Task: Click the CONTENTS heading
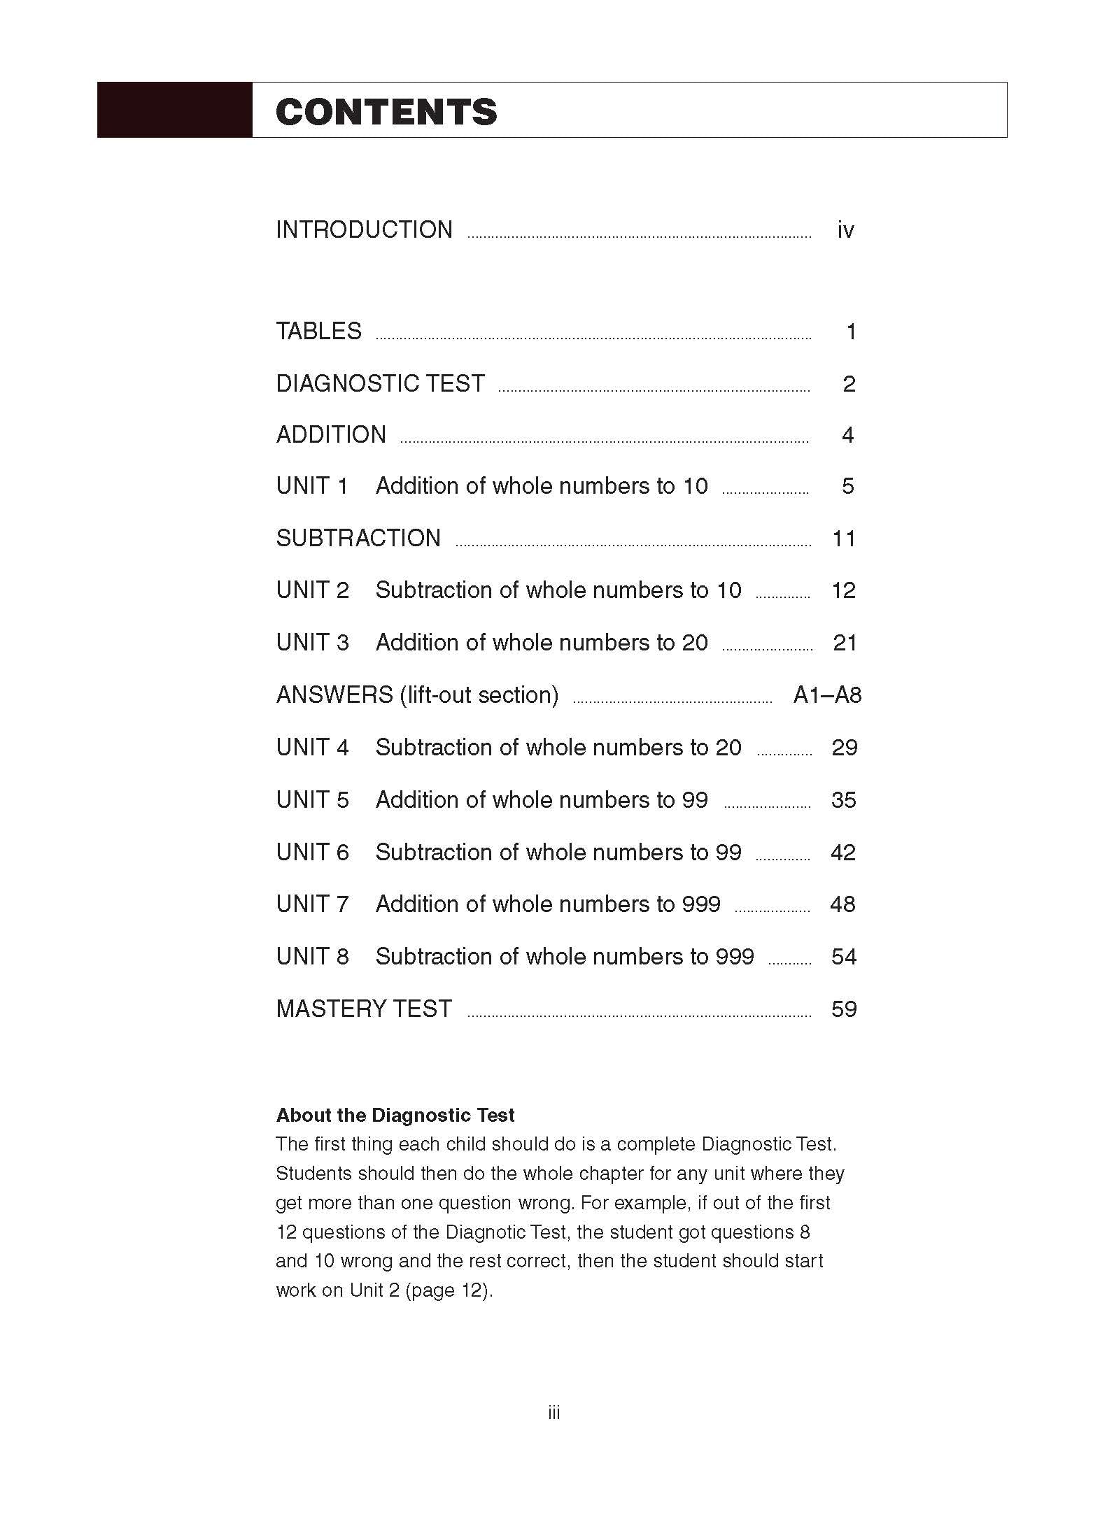(x=386, y=112)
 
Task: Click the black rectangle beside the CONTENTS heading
(x=174, y=110)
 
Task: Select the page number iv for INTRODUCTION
(x=845, y=230)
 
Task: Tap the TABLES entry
(x=318, y=332)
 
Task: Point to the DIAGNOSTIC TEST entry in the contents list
(x=380, y=384)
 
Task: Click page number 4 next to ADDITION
(x=847, y=435)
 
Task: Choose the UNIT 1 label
(x=312, y=486)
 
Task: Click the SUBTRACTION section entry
(x=358, y=539)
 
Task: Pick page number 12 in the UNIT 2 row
(x=843, y=590)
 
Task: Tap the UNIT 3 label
(x=312, y=643)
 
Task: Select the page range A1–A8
(x=827, y=695)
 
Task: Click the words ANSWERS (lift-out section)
(x=417, y=695)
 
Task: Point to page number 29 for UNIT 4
(x=844, y=748)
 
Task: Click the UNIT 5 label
(x=312, y=800)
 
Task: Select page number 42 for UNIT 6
(x=842, y=853)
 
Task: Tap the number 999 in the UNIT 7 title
(x=701, y=904)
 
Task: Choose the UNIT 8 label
(x=312, y=957)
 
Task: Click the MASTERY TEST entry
(x=364, y=1009)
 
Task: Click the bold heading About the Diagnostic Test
(x=395, y=1115)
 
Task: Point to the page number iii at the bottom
(x=553, y=1413)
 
